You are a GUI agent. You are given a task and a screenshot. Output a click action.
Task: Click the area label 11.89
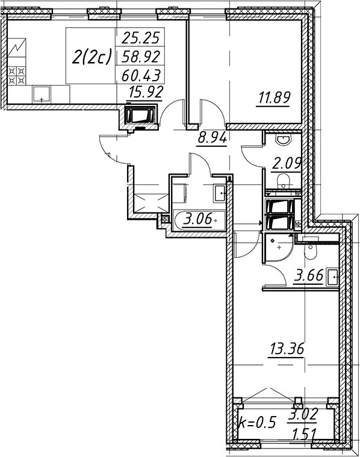click(x=273, y=98)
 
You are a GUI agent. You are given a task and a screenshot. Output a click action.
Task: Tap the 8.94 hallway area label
click(x=213, y=137)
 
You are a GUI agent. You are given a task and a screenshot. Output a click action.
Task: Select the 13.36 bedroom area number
click(x=287, y=349)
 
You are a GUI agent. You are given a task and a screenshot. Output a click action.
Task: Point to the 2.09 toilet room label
click(x=286, y=164)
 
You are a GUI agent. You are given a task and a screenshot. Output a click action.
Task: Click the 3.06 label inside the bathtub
click(x=197, y=219)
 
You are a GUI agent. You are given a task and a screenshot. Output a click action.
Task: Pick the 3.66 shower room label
click(x=309, y=275)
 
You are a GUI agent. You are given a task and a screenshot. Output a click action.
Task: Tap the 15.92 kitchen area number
click(x=146, y=92)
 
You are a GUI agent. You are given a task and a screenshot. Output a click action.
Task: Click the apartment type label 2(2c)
click(x=92, y=57)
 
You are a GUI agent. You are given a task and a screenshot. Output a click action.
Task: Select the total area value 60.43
click(x=141, y=75)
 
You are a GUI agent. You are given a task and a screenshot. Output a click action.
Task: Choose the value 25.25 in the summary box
click(x=141, y=37)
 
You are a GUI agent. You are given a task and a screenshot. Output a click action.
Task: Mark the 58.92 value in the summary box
click(x=141, y=57)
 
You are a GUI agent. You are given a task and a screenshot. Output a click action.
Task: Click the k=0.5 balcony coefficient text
click(x=257, y=423)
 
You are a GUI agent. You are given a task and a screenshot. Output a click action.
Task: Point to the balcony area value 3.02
click(x=302, y=414)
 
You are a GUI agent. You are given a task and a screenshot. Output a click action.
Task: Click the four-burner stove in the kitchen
click(x=17, y=76)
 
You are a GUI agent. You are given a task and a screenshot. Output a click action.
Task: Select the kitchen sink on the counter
click(x=42, y=95)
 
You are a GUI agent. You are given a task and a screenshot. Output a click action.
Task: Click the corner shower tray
click(x=278, y=247)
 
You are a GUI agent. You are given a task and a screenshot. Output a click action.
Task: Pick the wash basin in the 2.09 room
click(x=284, y=140)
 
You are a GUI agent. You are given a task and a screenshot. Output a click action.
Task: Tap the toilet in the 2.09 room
click(x=284, y=181)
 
